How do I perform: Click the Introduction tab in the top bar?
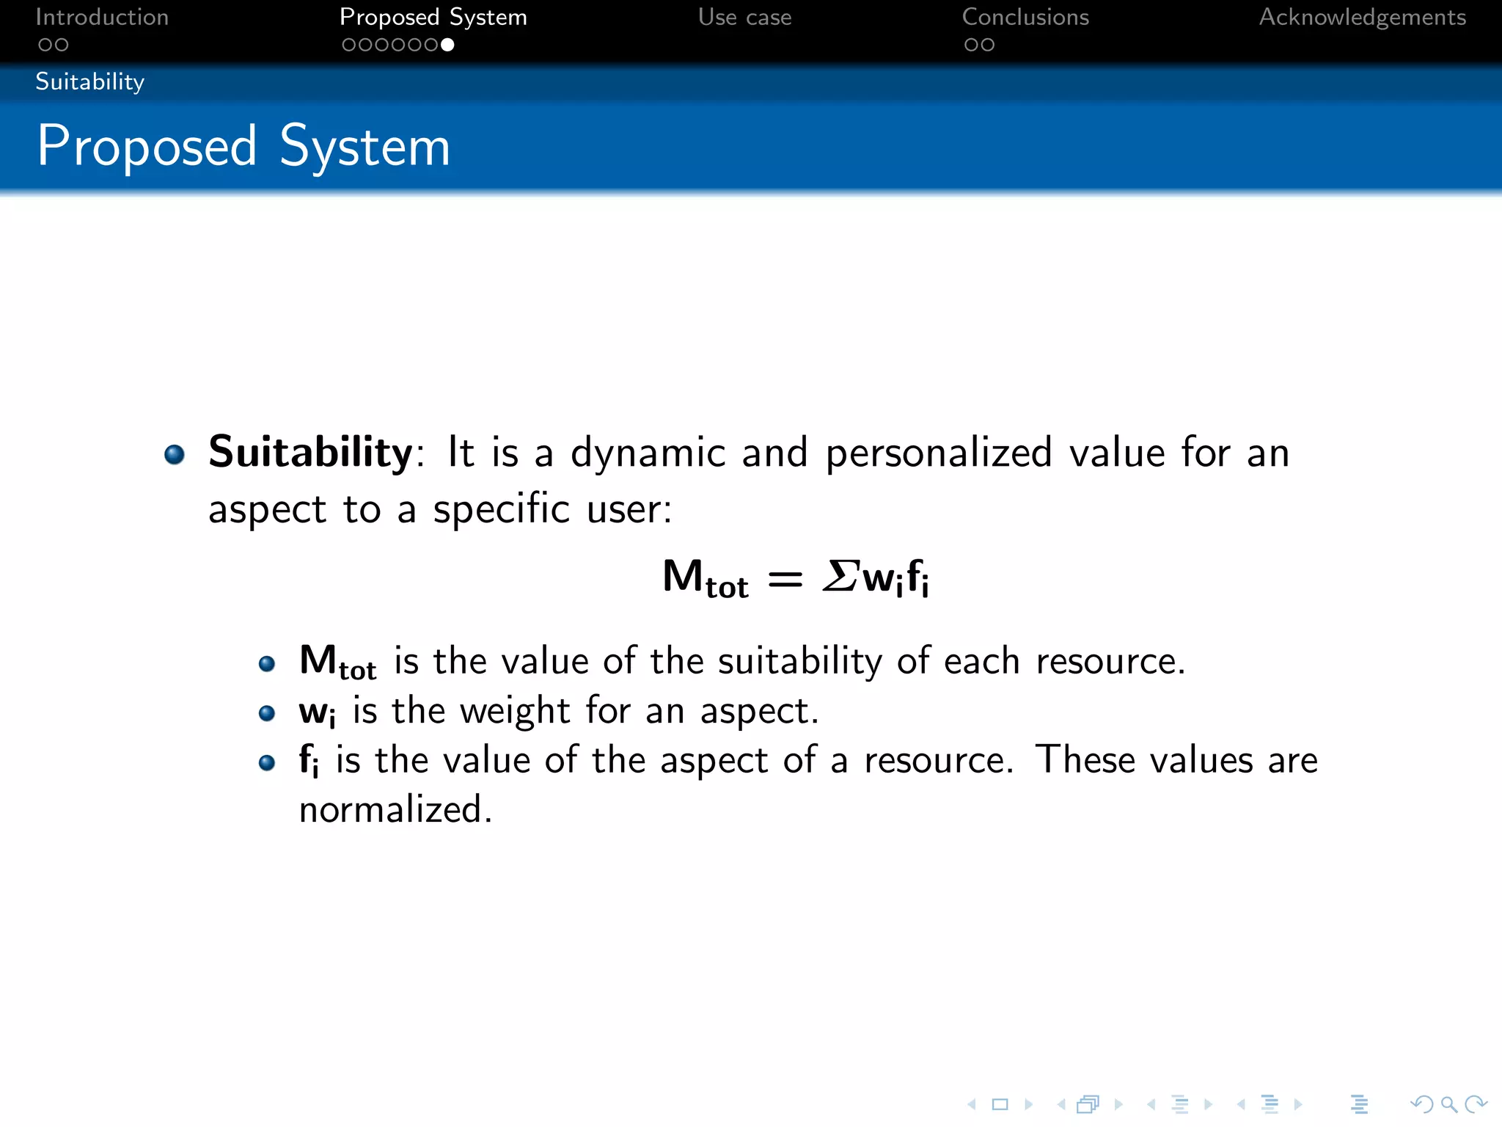tap(102, 17)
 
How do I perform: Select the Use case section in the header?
tap(744, 17)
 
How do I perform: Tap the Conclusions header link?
tap(1025, 17)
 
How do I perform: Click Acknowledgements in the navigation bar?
tap(1362, 17)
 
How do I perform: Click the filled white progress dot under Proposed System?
tap(447, 45)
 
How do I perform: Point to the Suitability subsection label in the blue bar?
tap(89, 81)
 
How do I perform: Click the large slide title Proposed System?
tap(243, 147)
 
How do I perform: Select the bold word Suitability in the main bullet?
tap(311, 451)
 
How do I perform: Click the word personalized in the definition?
tap(939, 453)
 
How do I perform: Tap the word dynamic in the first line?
tap(648, 453)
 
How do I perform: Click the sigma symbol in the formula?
tap(840, 575)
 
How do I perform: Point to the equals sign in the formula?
tap(785, 578)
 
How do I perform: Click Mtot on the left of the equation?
tap(705, 578)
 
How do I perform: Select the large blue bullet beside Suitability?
tap(175, 454)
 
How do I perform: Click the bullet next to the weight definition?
tap(267, 713)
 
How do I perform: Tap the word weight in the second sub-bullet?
tap(515, 711)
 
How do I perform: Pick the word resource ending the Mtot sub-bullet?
tap(1106, 662)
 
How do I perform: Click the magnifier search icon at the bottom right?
tap(1448, 1104)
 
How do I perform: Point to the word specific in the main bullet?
tap(501, 509)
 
